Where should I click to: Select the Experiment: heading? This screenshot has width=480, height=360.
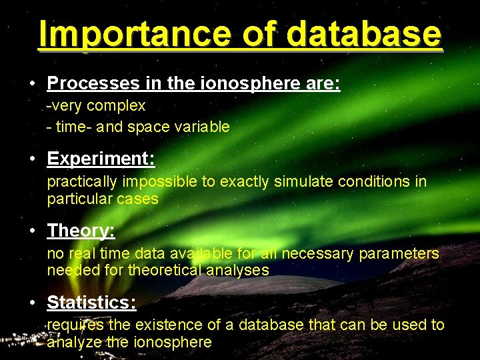[101, 159]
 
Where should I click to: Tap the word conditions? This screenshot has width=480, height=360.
[375, 181]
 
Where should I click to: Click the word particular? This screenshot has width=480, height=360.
[77, 199]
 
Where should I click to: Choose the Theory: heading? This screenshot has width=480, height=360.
[81, 231]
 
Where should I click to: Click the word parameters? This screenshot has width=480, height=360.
[401, 253]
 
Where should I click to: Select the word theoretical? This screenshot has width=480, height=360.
[174, 270]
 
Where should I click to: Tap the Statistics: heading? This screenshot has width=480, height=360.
[91, 303]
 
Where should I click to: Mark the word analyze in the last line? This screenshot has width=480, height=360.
[74, 343]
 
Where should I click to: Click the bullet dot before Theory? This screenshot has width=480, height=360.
[32, 231]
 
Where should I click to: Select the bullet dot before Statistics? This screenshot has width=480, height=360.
[32, 303]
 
